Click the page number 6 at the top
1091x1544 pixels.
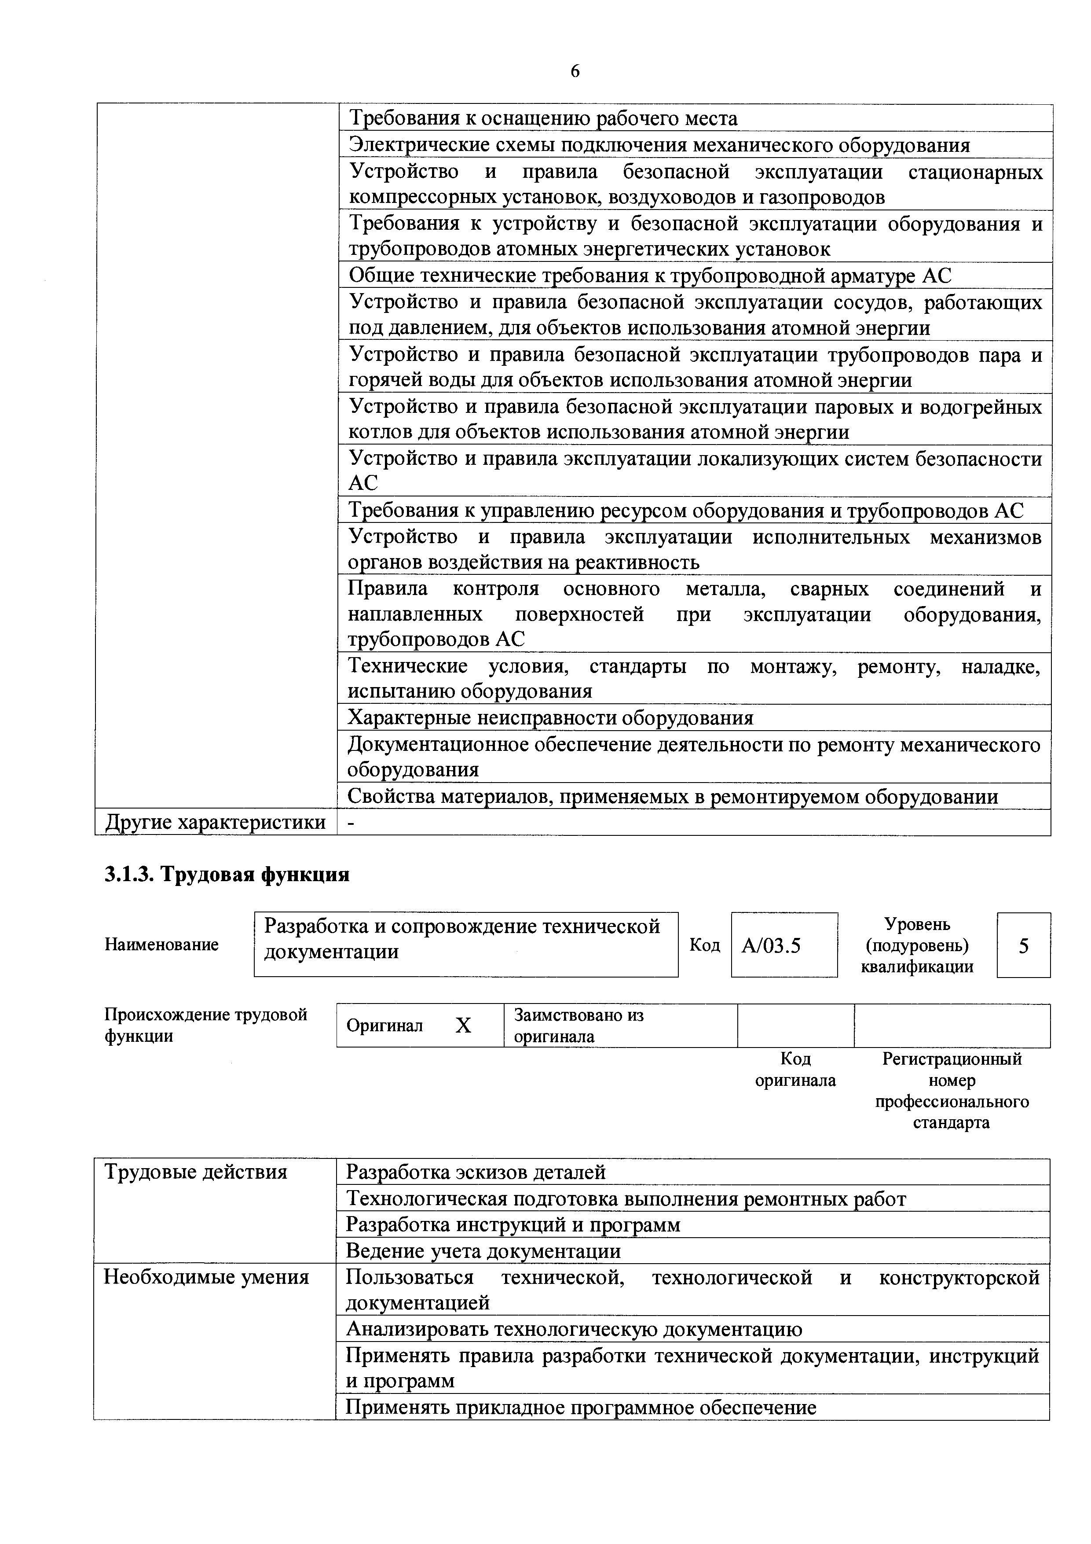(575, 72)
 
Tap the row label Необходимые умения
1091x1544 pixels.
(206, 1277)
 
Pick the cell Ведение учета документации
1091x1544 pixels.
(483, 1251)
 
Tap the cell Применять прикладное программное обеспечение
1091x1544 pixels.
(581, 1408)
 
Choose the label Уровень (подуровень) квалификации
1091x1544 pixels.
(917, 945)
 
